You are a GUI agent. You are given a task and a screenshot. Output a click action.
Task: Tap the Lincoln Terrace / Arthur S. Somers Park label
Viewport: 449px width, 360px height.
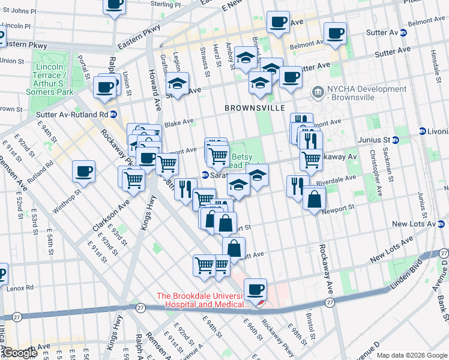(x=50, y=79)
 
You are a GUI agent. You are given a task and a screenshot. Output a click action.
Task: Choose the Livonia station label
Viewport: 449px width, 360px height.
(x=435, y=131)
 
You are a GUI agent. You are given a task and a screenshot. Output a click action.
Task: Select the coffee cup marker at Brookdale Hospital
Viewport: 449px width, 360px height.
(x=255, y=290)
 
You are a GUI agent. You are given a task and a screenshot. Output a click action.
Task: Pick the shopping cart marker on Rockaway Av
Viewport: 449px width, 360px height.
(x=311, y=159)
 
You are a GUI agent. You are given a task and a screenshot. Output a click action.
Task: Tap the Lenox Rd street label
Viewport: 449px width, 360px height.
(x=20, y=288)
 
